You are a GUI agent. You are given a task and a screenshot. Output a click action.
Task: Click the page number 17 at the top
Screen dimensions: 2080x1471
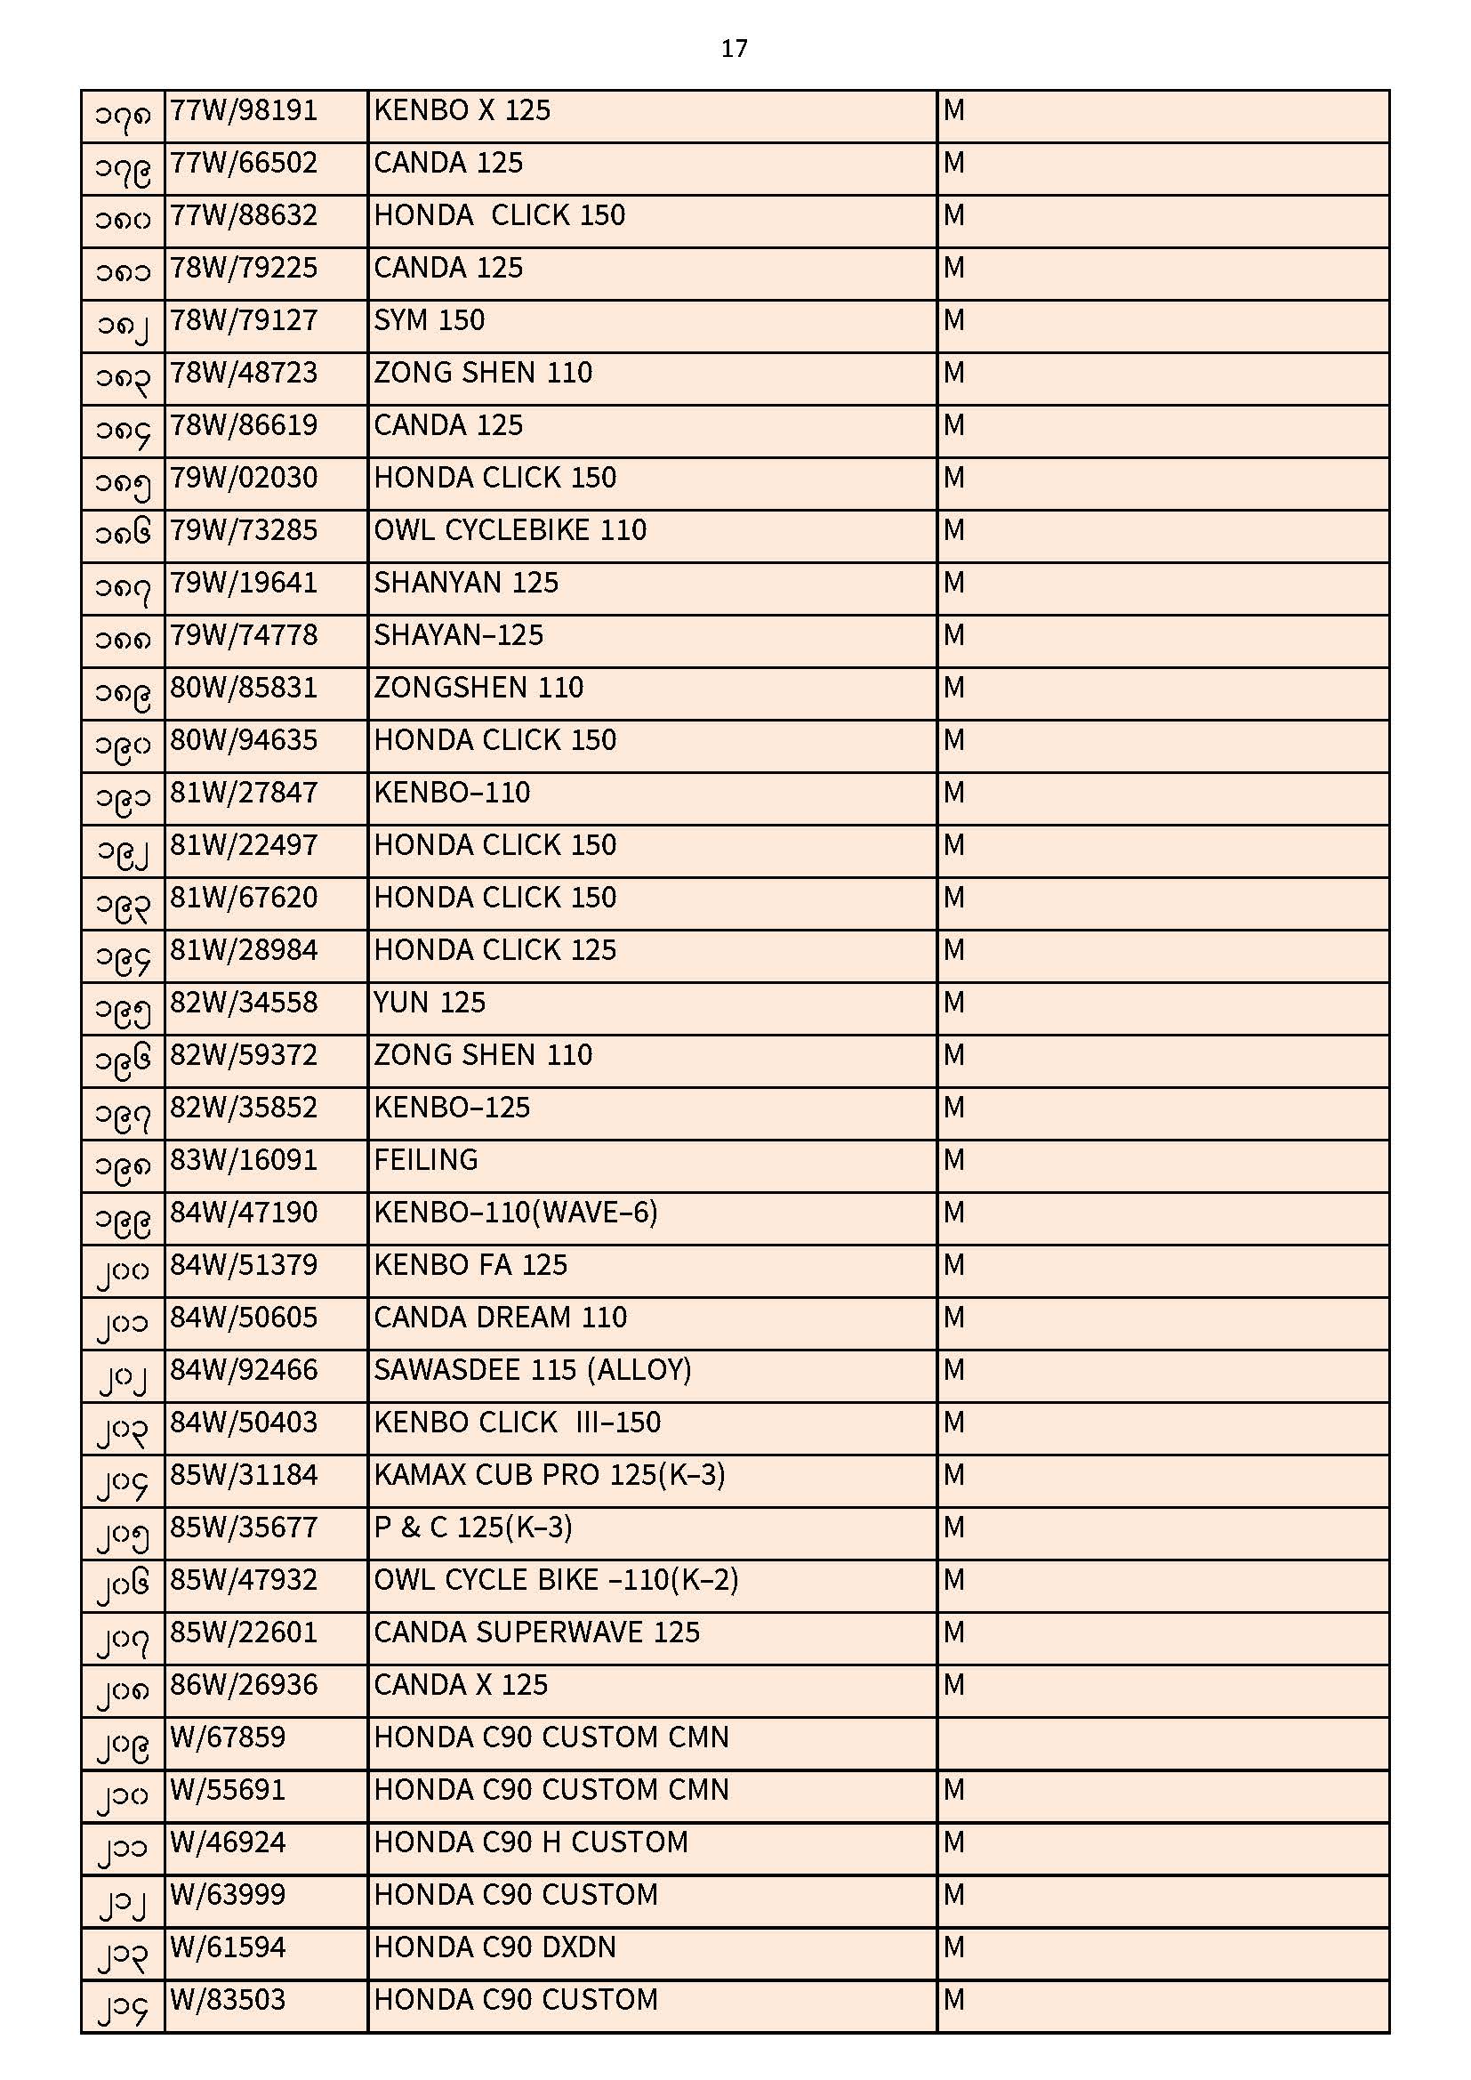734,49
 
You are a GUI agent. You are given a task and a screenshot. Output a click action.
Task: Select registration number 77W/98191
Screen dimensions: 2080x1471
244,111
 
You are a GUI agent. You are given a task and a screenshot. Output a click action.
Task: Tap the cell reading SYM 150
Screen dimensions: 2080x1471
430,320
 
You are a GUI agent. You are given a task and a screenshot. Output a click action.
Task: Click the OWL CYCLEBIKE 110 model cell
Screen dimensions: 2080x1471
510,530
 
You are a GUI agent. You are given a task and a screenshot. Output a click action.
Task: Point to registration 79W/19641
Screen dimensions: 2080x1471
244,583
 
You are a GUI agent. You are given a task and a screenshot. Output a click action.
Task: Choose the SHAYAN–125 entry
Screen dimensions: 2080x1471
458,635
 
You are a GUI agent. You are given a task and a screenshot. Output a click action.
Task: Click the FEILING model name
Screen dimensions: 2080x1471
426,1159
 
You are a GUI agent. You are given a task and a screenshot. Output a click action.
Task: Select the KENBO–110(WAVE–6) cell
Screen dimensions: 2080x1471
516,1212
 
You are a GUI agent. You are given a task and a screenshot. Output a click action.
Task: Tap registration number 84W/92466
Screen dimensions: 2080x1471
244,1370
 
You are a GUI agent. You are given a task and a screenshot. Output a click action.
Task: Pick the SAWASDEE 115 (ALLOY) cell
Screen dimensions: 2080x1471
533,1370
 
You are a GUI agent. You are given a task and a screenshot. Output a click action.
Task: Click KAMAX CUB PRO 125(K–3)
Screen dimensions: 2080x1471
549,1475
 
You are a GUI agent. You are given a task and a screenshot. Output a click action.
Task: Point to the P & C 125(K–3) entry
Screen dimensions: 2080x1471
473,1528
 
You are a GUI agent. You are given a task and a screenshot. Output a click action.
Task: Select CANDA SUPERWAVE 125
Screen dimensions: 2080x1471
536,1633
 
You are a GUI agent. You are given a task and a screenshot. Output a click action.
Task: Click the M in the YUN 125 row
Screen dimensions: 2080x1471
953,1003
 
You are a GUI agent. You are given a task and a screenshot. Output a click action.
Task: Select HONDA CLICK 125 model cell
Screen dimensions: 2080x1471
494,950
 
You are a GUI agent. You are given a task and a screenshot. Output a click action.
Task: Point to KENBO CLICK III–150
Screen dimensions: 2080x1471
518,1423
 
